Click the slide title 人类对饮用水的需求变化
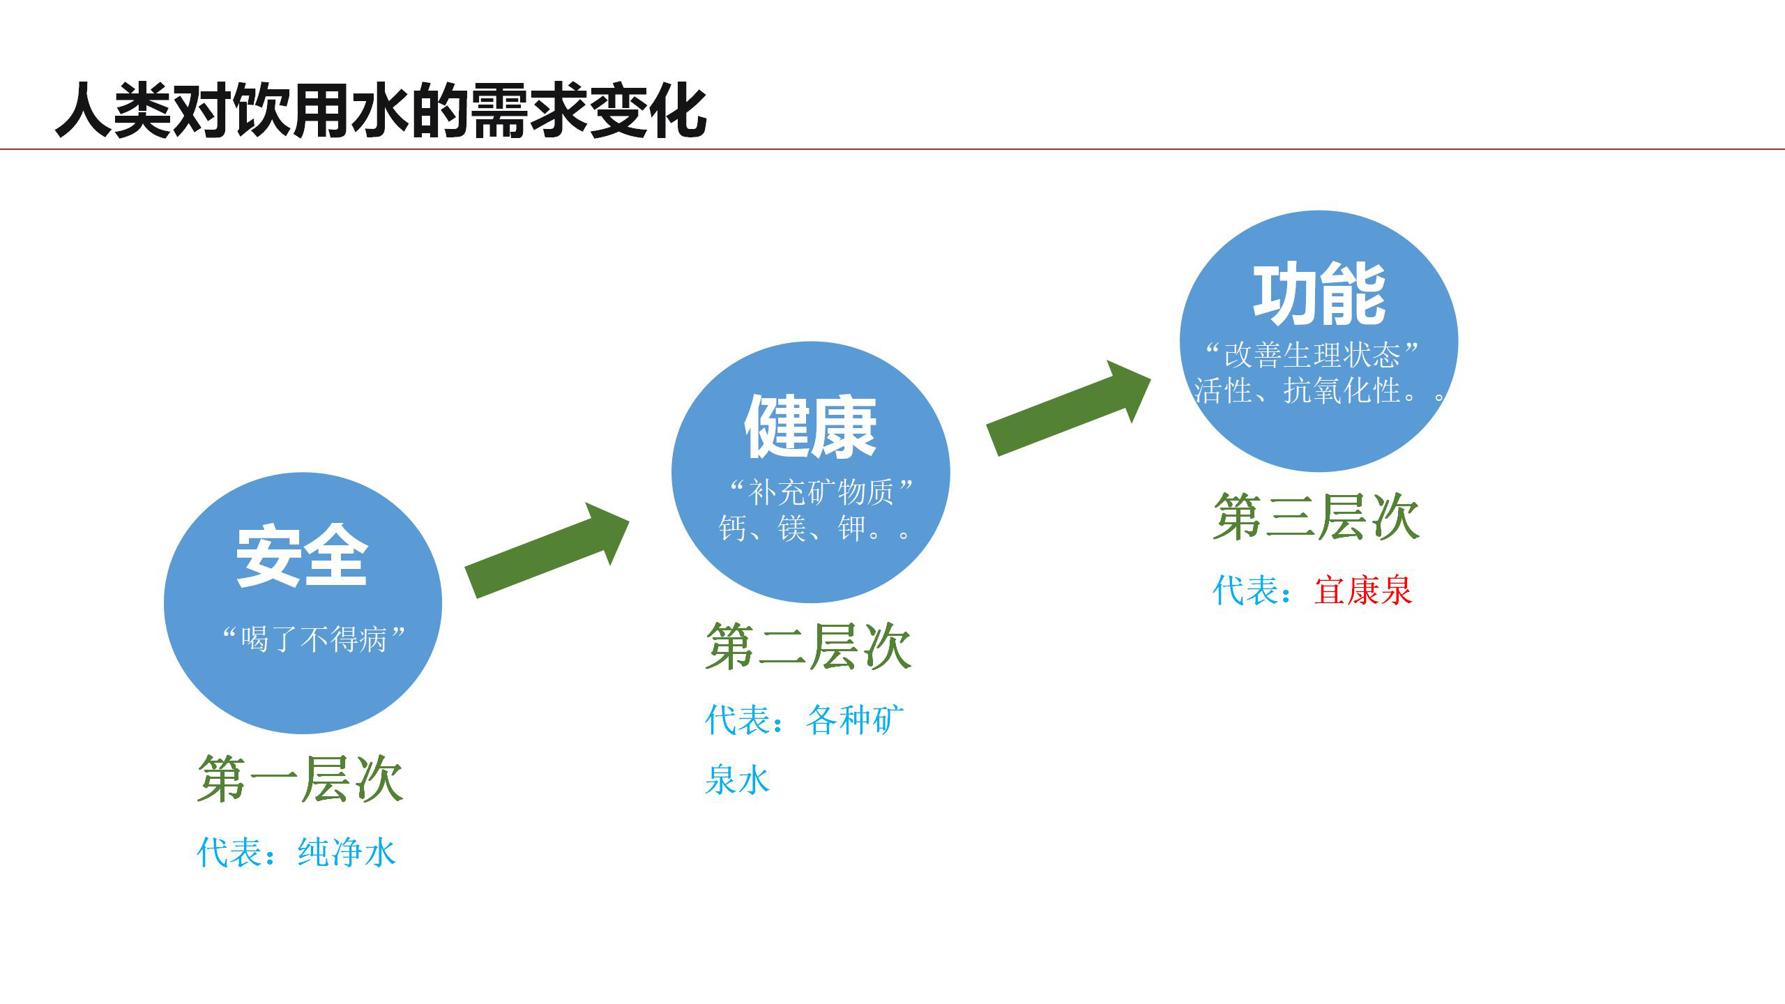tap(381, 110)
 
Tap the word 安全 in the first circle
tap(301, 556)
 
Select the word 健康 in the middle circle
tap(810, 427)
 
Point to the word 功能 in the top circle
tap(1319, 294)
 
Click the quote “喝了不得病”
tap(313, 639)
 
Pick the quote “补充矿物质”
tap(821, 492)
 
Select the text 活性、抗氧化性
tap(1297, 390)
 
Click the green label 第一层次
tap(300, 779)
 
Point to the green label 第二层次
tap(808, 647)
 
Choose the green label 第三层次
tap(1316, 517)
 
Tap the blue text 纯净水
tap(347, 852)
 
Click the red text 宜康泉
tap(1363, 591)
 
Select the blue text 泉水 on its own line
tap(737, 779)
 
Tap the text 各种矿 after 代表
tap(855, 720)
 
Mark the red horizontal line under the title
tap(892, 149)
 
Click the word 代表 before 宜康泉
tap(1245, 591)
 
